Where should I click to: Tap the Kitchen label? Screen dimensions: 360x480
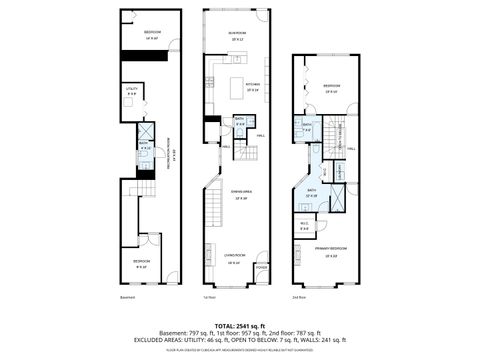point(253,85)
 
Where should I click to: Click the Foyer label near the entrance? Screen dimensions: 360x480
point(262,268)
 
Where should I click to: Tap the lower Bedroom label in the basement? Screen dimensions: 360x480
point(141,263)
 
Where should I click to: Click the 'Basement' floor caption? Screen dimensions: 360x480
point(125,296)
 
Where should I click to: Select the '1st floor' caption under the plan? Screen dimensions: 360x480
point(209,296)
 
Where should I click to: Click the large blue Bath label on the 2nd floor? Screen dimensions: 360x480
point(312,191)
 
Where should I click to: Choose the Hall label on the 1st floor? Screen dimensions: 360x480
point(260,136)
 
